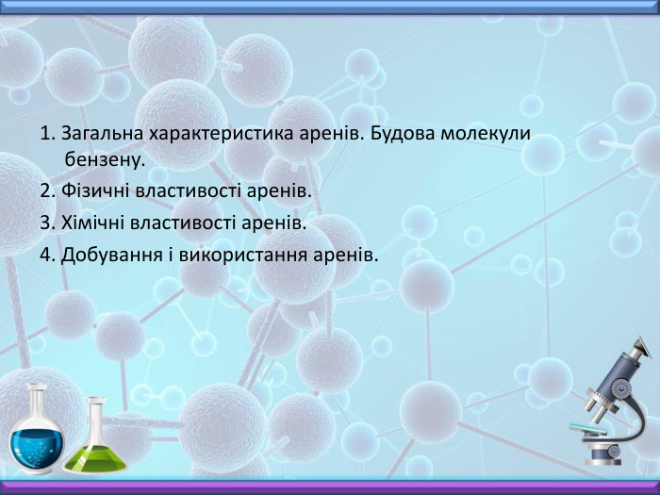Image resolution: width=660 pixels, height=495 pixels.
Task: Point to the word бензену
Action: point(103,160)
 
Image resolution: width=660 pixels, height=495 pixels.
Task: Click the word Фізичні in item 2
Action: point(92,192)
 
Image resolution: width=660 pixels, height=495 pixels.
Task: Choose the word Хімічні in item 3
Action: point(91,223)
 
